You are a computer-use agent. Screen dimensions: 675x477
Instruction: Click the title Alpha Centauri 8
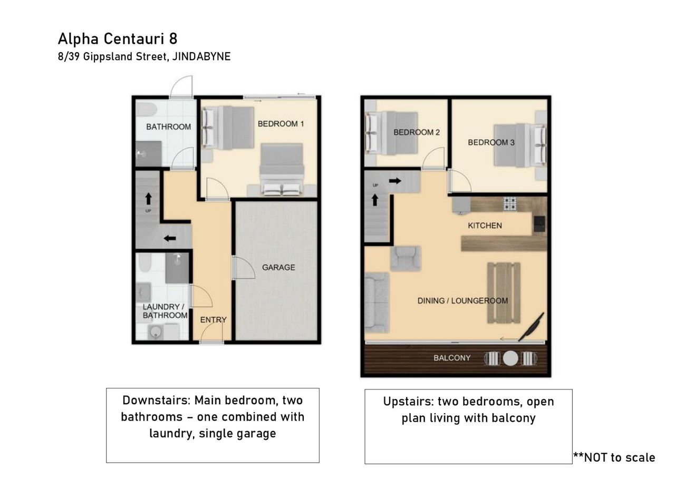tap(118, 39)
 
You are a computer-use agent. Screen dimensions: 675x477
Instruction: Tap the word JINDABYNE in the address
tap(201, 56)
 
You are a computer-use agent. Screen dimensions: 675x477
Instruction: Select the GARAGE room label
tap(278, 267)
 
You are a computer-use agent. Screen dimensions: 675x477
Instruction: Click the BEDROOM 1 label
tap(281, 124)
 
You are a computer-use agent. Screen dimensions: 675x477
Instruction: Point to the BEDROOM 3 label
tap(491, 142)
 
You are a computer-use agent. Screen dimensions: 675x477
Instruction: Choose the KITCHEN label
tap(485, 226)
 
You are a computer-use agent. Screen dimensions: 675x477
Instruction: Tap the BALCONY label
tap(452, 358)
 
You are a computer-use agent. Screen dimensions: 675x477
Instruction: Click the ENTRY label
tap(214, 320)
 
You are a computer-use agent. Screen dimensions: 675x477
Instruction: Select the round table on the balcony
tap(510, 358)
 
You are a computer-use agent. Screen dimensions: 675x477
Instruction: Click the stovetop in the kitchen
tap(509, 204)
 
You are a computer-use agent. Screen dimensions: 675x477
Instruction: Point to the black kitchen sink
tap(539, 224)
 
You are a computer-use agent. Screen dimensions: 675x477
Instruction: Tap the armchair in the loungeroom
tap(406, 258)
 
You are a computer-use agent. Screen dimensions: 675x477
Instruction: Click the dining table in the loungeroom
tap(504, 293)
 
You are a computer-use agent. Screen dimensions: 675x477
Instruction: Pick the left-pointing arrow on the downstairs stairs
tap(170, 238)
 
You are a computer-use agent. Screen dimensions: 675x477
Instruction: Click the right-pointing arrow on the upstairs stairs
tap(395, 181)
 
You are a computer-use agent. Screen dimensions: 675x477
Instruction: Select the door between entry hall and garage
tap(243, 268)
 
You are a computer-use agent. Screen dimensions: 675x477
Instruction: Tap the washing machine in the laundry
tap(156, 332)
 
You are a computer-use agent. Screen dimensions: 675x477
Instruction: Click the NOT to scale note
tap(614, 457)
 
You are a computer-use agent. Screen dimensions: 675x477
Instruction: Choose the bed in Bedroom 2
tap(391, 133)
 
